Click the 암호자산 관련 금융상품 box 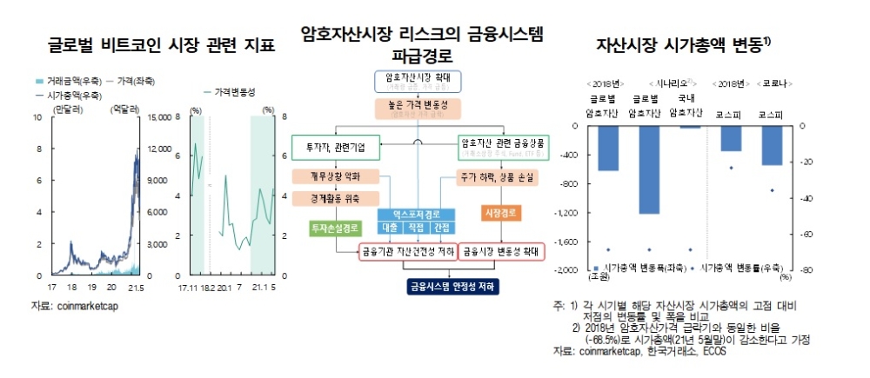pos(503,148)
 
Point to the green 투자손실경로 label pos(334,228)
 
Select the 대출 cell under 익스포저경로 pos(390,227)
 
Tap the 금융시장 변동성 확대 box pos(503,251)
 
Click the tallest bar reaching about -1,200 pos(650,169)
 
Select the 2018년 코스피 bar pos(731,139)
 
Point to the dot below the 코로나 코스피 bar pos(772,190)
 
